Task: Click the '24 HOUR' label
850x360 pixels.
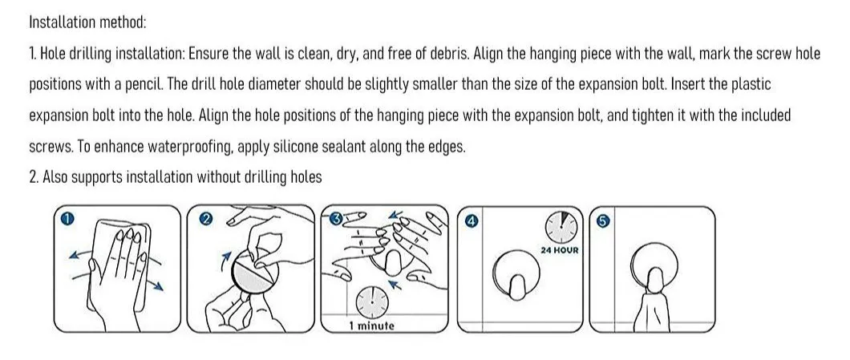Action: [561, 250]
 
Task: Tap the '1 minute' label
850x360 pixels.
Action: [371, 326]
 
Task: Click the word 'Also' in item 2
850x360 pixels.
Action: [55, 177]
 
